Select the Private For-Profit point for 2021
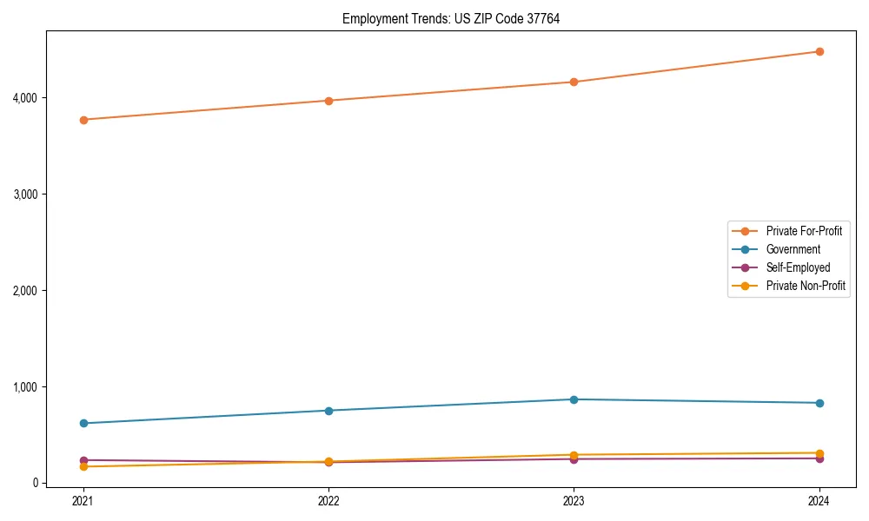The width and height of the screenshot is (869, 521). (83, 120)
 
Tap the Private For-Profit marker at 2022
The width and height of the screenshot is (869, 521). (328, 101)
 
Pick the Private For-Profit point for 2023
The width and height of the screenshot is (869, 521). (574, 82)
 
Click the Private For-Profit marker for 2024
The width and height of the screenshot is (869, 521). (819, 51)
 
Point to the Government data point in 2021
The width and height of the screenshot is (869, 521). (83, 423)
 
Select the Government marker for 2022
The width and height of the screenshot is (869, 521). (328, 411)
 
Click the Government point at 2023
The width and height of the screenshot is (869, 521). (574, 399)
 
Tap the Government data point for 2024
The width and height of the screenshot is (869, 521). (819, 403)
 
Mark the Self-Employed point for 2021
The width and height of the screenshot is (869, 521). (83, 460)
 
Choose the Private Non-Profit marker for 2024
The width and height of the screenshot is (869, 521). (819, 452)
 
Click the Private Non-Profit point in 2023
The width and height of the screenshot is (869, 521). (574, 455)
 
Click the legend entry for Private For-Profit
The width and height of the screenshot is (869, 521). (804, 231)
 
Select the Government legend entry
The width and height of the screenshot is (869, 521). (793, 249)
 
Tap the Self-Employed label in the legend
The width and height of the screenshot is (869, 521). (798, 267)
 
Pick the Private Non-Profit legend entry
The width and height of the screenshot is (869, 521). (806, 286)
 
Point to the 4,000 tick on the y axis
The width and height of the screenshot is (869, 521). (24, 98)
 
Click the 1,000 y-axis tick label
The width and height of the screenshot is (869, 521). (24, 386)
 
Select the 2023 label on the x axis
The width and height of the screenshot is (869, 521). (574, 500)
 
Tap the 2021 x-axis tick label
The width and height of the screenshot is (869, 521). (83, 500)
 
